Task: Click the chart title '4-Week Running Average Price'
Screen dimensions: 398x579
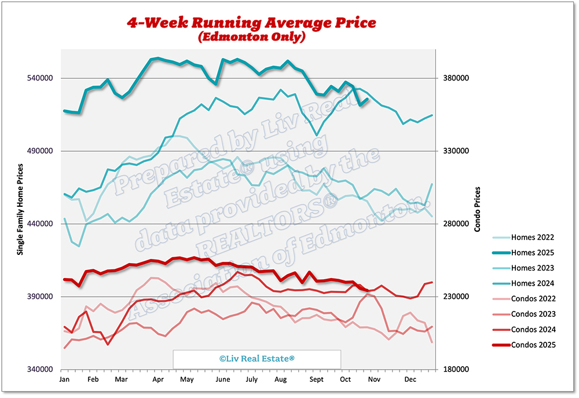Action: (252, 23)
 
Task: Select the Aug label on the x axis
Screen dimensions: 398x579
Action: (280, 379)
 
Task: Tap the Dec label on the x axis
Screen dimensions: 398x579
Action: (410, 379)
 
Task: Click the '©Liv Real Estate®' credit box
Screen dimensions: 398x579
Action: (257, 359)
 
